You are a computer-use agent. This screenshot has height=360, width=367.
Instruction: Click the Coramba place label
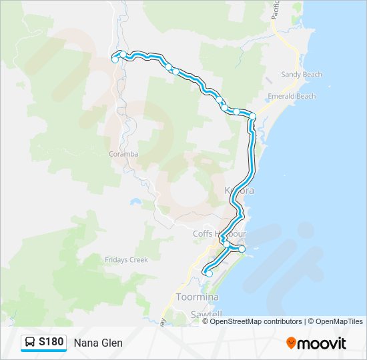[x=123, y=154]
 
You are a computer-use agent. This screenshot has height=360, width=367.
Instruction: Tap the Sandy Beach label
[x=302, y=75]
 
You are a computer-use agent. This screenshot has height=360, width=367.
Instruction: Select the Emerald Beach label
[x=292, y=97]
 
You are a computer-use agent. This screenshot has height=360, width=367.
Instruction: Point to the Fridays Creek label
[x=126, y=260]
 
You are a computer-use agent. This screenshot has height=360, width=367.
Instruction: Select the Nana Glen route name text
[x=98, y=343]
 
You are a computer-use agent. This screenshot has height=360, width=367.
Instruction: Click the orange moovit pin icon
[x=291, y=343]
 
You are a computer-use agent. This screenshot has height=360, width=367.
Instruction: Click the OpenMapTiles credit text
[x=336, y=321]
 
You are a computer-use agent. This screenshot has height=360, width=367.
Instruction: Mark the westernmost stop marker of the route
[x=115, y=59]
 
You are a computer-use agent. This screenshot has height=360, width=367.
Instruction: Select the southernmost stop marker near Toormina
[x=209, y=273]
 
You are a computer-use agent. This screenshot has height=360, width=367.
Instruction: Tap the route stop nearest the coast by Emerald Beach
[x=253, y=117]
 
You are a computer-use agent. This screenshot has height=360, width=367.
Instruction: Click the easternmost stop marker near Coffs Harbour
[x=242, y=249]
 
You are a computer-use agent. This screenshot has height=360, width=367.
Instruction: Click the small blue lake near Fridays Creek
[x=135, y=201]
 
